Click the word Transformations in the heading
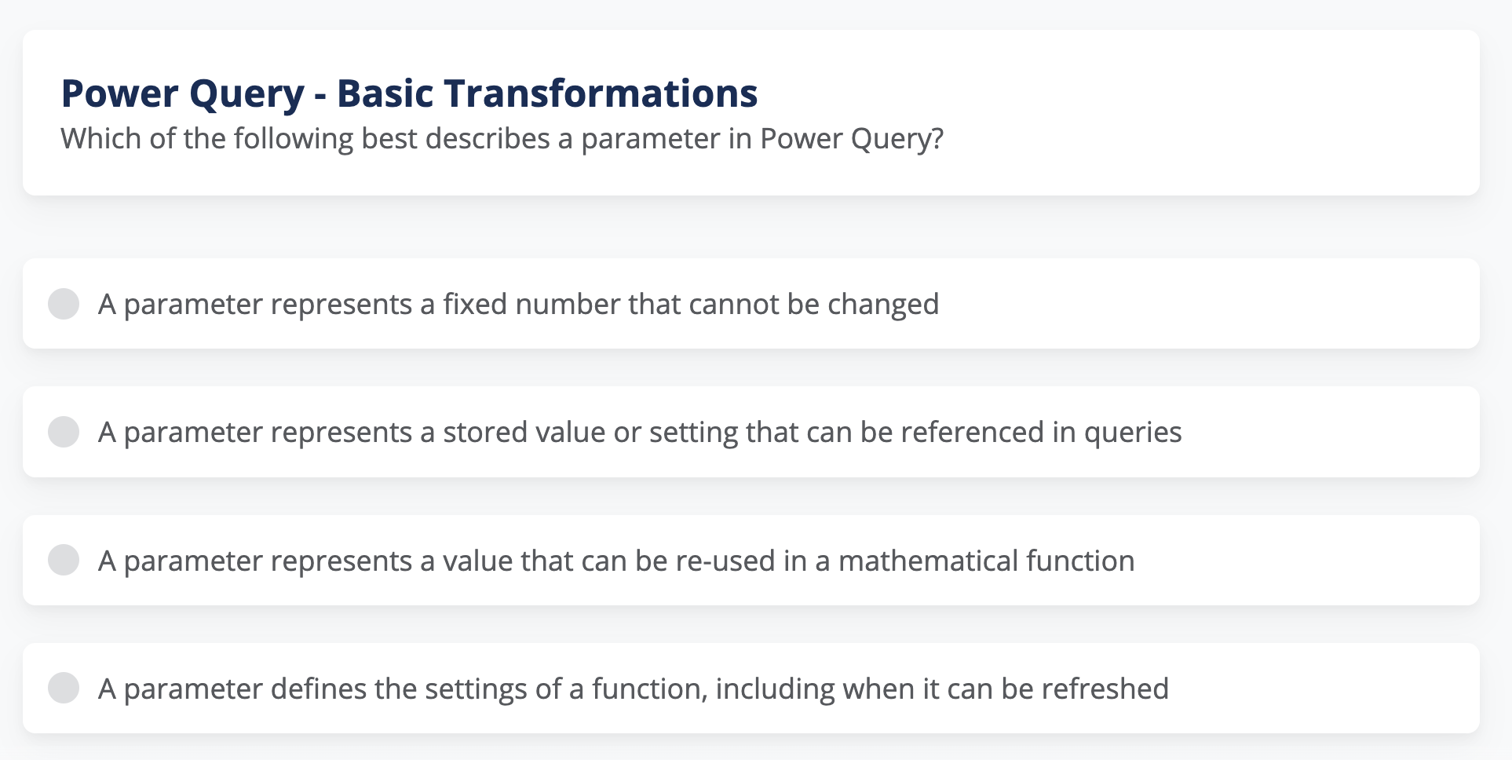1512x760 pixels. click(601, 93)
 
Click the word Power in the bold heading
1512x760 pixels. click(120, 93)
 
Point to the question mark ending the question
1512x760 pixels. click(937, 139)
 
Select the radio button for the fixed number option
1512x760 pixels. click(64, 304)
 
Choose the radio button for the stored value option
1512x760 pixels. click(64, 432)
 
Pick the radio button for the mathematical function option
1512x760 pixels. click(64, 561)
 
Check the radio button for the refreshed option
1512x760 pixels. click(64, 689)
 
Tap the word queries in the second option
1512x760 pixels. click(1133, 433)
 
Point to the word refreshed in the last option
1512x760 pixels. click(1105, 689)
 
